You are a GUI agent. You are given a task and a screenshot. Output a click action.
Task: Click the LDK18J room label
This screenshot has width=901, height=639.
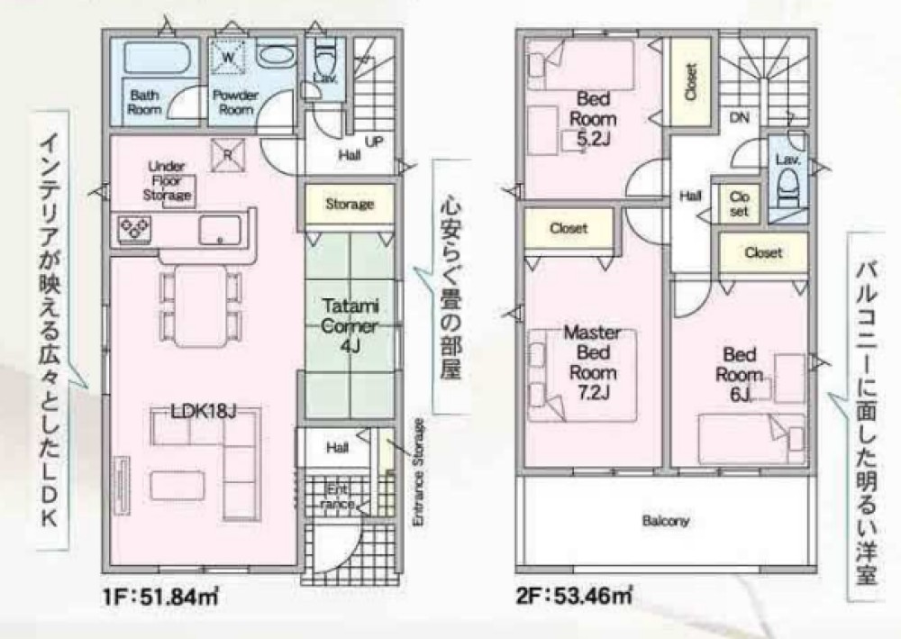pyautogui.click(x=204, y=411)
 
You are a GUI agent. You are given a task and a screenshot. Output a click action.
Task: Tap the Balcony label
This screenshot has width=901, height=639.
pyautogui.click(x=666, y=521)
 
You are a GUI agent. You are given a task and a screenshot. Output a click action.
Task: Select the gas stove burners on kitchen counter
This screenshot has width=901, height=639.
pyautogui.click(x=135, y=227)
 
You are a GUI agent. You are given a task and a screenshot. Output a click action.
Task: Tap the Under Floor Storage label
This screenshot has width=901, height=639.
pyautogui.click(x=167, y=180)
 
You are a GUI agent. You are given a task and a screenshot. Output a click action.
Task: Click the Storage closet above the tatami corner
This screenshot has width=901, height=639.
pyautogui.click(x=349, y=205)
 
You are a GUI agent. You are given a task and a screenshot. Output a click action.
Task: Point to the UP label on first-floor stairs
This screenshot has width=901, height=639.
pyautogui.click(x=373, y=141)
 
